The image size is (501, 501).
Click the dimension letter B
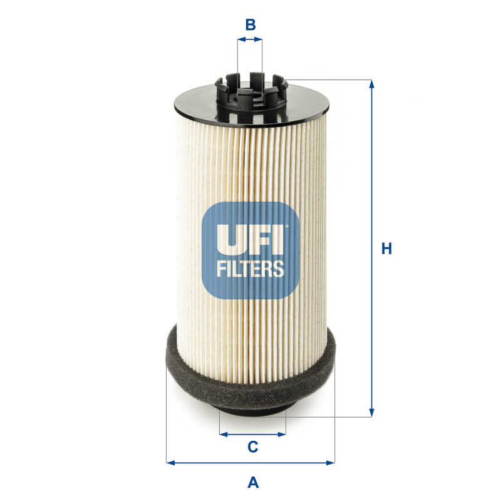pos(250,25)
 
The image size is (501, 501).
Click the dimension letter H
pos(387,249)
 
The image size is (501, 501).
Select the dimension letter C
pos(252,447)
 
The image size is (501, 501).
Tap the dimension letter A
pos(253,482)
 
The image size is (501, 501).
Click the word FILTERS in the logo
pos(250,269)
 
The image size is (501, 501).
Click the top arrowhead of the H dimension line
pos(372,84)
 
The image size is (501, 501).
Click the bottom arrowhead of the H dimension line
pos(372,413)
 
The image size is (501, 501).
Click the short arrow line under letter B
pos(250,39)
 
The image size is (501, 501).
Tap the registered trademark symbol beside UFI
pos(287,226)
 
